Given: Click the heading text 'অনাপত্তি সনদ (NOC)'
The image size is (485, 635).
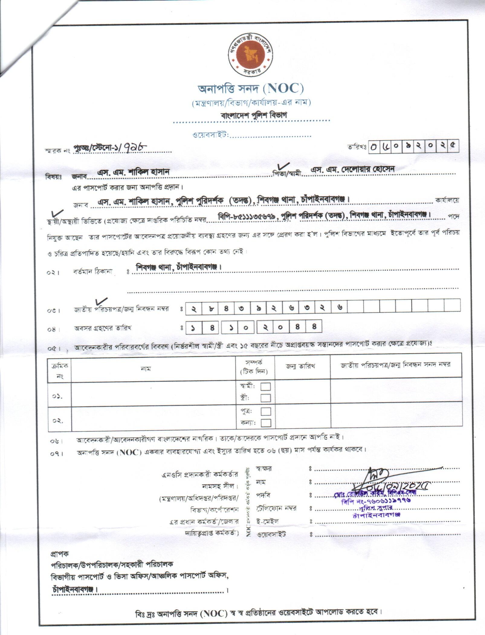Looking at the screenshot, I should pos(251,89).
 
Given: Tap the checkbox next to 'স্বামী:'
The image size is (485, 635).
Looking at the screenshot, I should pos(265,387).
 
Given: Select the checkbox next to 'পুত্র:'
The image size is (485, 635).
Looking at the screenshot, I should pos(265,411).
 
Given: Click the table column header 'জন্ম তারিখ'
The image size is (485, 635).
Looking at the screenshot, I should pos(300,366).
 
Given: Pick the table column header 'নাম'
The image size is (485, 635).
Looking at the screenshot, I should pos(146,369).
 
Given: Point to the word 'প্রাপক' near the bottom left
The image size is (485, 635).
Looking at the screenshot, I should pos(60,554).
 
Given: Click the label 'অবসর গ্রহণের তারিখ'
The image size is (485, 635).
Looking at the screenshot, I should pos(102,328).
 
